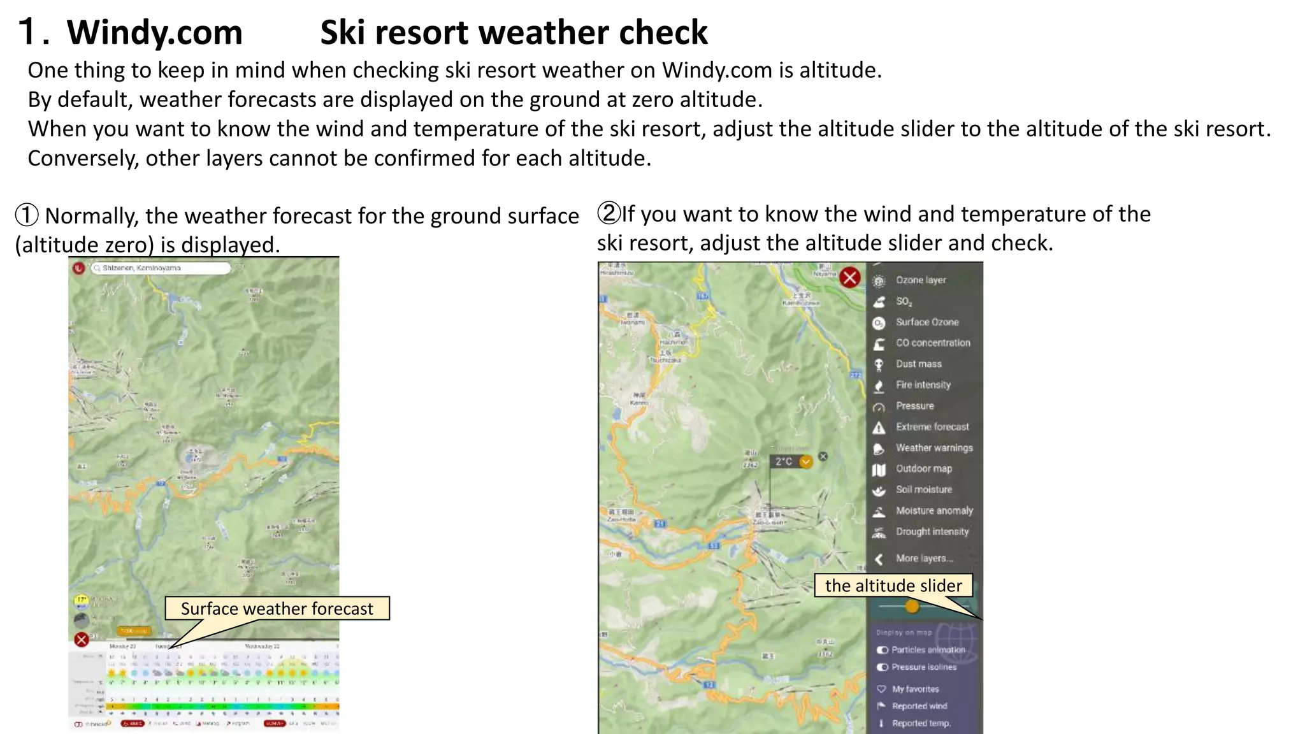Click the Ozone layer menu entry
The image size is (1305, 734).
pyautogui.click(x=920, y=280)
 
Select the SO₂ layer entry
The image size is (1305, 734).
pyautogui.click(x=904, y=301)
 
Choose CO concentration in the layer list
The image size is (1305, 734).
pyautogui.click(x=932, y=343)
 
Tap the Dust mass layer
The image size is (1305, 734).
pyautogui.click(x=918, y=364)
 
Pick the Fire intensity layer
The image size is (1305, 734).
pyautogui.click(x=923, y=385)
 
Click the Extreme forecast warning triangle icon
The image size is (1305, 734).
pyautogui.click(x=879, y=428)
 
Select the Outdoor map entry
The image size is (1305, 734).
pyautogui.click(x=923, y=469)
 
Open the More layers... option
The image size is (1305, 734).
pyautogui.click(x=924, y=558)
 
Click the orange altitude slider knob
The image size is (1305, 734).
pyautogui.click(x=912, y=607)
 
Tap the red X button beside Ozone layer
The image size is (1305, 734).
pyautogui.click(x=849, y=278)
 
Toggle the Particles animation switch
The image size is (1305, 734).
pyautogui.click(x=883, y=650)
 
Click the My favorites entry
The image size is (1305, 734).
pyautogui.click(x=915, y=689)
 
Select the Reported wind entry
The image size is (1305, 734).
pyautogui.click(x=919, y=706)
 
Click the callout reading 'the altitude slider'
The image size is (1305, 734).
pyautogui.click(x=893, y=586)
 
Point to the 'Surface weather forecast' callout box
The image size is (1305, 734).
pyautogui.click(x=277, y=608)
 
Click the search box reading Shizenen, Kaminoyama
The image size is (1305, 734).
pyautogui.click(x=159, y=268)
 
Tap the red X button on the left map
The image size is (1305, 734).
pyautogui.click(x=82, y=639)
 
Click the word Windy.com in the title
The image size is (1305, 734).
pyautogui.click(x=154, y=32)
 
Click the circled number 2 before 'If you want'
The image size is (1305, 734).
pyautogui.click(x=609, y=213)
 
